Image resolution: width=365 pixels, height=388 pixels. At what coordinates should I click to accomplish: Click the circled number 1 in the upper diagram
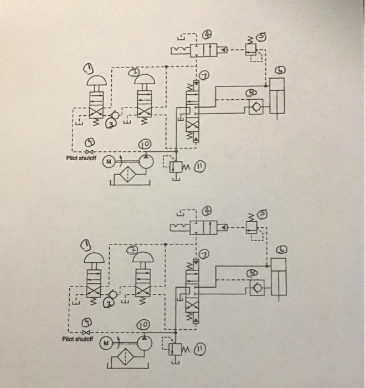(x=89, y=68)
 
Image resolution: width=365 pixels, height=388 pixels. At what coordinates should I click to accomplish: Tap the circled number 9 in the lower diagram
(x=88, y=321)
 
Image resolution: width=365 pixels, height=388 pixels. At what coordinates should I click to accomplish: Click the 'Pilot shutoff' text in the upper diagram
(x=80, y=158)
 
